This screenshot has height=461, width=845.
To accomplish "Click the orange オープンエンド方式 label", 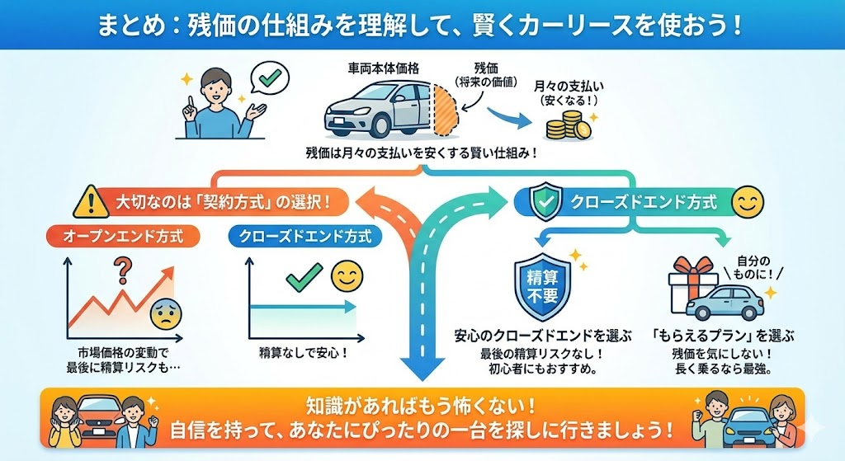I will click(x=121, y=237).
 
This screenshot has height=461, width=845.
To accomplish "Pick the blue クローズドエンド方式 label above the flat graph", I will click(x=305, y=237).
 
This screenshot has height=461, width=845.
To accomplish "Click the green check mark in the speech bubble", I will click(x=267, y=80).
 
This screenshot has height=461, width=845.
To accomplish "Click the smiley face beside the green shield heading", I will click(x=747, y=202).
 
